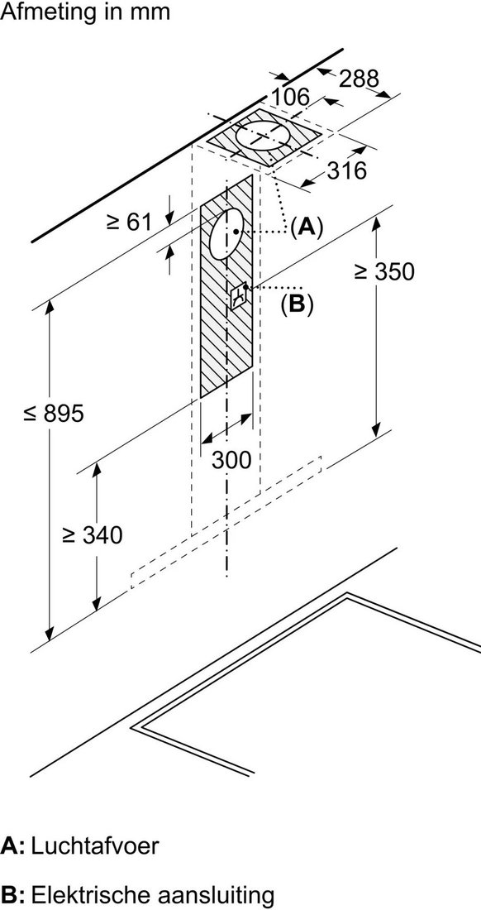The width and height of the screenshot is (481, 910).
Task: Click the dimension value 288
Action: click(358, 79)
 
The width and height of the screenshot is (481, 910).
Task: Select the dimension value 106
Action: click(290, 98)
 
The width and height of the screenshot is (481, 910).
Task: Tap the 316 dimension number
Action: click(347, 170)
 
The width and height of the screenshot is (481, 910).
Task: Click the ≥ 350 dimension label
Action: click(385, 271)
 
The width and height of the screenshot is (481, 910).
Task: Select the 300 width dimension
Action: click(231, 460)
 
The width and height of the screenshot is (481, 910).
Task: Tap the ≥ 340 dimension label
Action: click(93, 535)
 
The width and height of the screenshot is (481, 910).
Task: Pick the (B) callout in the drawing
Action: click(296, 304)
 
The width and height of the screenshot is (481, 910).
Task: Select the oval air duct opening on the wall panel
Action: click(226, 234)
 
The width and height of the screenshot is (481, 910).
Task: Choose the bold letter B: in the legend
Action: click(12, 893)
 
